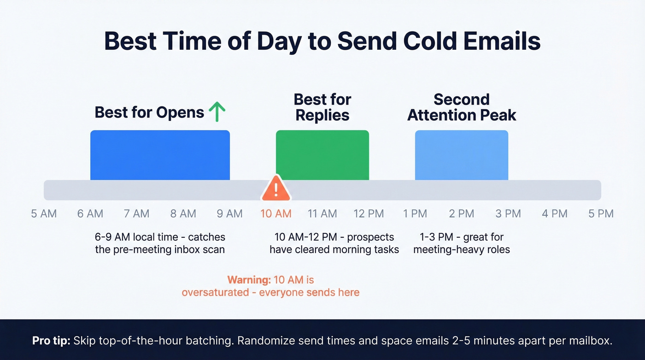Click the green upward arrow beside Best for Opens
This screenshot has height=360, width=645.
217,112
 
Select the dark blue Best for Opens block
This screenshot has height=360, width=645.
160,155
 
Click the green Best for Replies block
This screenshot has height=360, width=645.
322,155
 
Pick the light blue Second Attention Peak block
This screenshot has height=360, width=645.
461,155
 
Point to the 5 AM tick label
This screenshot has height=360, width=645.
44,214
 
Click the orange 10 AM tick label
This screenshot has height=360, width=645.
276,214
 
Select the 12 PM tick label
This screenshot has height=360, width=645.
369,214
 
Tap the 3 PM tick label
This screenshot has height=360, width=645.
508,214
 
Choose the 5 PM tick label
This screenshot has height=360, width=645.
601,214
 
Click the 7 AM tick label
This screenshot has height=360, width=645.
136,214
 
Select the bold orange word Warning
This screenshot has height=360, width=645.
248,280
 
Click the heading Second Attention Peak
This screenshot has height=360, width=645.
462,107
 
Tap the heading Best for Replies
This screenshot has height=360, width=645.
322,107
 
